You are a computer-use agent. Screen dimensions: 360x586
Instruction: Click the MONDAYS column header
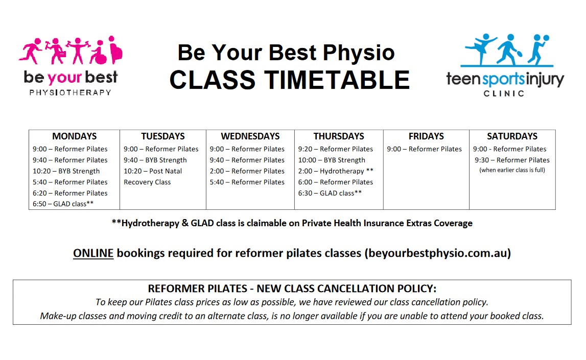[x=74, y=136]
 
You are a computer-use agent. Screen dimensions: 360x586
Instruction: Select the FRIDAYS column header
[x=426, y=136]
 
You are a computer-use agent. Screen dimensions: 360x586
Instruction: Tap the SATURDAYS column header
[x=512, y=136]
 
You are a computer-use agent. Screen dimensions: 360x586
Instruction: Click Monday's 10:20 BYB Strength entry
[x=66, y=171]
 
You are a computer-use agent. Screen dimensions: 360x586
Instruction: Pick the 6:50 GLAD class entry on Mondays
[x=63, y=204]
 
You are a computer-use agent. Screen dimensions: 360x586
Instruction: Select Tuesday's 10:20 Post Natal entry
[x=153, y=171]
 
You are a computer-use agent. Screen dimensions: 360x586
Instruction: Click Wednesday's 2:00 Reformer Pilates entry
[x=247, y=171]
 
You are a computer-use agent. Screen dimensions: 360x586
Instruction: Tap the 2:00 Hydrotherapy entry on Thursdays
[x=336, y=171]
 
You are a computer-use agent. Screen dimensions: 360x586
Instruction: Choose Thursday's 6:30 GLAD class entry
[x=330, y=193]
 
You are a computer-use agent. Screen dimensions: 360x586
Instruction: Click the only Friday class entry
[x=425, y=149]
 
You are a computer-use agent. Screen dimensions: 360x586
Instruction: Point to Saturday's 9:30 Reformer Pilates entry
[x=512, y=160]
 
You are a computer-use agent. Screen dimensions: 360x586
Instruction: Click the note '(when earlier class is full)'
[x=512, y=170]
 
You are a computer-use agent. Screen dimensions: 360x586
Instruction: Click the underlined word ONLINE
[x=93, y=253]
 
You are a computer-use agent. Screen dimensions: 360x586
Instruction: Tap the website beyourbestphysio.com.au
[x=437, y=253]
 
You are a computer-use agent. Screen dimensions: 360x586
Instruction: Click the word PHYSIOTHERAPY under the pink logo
[x=71, y=92]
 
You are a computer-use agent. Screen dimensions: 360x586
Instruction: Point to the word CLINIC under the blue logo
[x=504, y=93]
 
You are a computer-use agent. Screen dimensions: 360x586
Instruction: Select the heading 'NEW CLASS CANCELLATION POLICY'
[x=346, y=289]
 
